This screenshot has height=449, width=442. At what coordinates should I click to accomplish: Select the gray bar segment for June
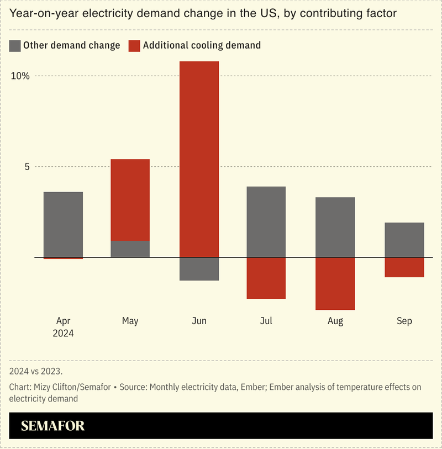[x=199, y=269]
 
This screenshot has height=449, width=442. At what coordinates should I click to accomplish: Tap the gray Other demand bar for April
[x=63, y=224]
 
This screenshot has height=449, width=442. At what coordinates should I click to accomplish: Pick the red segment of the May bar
[x=130, y=199]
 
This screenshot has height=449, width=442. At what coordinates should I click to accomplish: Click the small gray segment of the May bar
[x=130, y=249]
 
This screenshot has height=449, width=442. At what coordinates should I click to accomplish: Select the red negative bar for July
[x=266, y=278]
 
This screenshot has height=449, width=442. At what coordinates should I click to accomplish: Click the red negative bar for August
[x=335, y=283]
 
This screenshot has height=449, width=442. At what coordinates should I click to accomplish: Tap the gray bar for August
[x=335, y=227]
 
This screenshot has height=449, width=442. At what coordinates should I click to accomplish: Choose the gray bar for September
[x=404, y=240]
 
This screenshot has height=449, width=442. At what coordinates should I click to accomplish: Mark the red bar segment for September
[x=404, y=267]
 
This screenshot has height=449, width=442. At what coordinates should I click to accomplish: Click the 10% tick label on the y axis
[x=20, y=76]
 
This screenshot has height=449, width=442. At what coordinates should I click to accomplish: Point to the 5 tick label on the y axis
[x=26, y=166]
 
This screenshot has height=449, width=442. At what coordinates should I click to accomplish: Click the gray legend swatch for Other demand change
[x=15, y=46]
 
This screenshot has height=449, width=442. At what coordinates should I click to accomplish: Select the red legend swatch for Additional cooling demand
[x=134, y=46]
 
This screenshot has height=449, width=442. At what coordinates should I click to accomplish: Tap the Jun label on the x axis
[x=199, y=321]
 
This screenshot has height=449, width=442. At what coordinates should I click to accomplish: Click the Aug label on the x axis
[x=335, y=321]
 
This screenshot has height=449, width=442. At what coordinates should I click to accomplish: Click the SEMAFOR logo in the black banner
[x=53, y=426]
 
